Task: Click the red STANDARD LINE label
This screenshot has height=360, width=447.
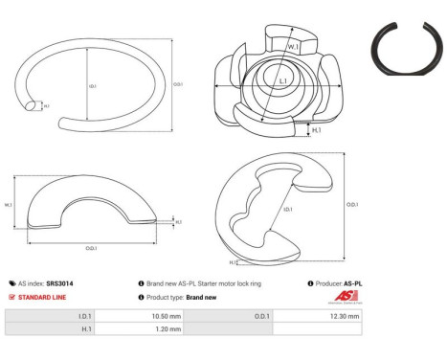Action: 42,297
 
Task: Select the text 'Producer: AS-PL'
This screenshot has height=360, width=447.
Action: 339,283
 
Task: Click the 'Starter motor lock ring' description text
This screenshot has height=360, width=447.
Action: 202,283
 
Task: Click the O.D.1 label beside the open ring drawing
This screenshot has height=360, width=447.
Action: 178,83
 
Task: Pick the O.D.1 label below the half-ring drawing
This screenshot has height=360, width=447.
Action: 92,247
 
